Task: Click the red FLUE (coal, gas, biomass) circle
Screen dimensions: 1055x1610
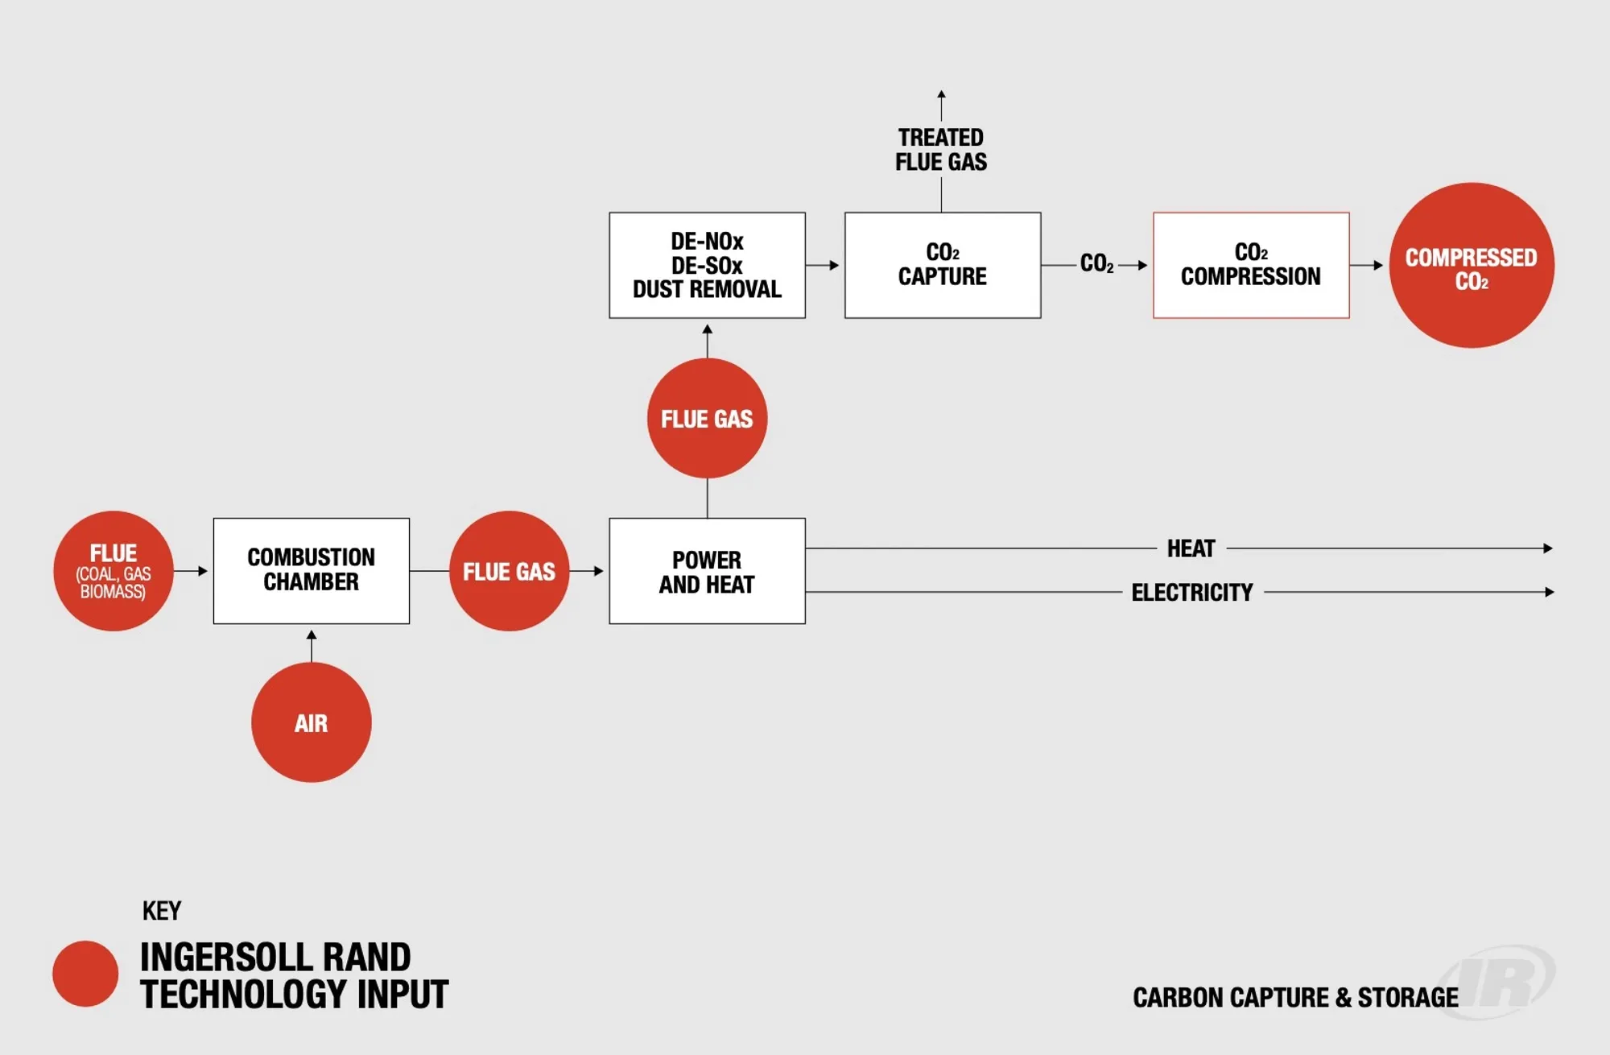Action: [114, 571]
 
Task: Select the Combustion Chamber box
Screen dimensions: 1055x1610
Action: [311, 570]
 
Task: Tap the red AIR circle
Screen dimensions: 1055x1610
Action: [311, 722]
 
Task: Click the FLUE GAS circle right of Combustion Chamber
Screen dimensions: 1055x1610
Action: [509, 571]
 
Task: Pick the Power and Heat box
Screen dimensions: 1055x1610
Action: [707, 571]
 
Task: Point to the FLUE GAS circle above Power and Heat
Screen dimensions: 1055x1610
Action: [707, 418]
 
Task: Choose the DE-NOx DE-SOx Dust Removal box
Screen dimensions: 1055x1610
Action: [707, 265]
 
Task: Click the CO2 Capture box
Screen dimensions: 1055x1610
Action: [942, 265]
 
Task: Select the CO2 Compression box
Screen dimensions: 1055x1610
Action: [1250, 265]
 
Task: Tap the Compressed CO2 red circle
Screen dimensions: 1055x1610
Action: [1471, 265]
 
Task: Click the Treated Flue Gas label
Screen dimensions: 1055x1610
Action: [940, 150]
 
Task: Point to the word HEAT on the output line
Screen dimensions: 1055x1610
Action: [1191, 548]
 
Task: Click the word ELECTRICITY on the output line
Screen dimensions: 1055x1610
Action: [1192, 593]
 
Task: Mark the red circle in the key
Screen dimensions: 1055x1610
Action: [85, 974]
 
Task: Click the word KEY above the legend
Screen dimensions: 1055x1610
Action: [162, 911]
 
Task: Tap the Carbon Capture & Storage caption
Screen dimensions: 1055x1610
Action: [1294, 998]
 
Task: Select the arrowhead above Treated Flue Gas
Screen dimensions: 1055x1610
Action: [941, 95]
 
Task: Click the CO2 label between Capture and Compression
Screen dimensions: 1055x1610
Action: [1096, 264]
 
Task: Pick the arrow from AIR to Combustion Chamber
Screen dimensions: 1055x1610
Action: [312, 644]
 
